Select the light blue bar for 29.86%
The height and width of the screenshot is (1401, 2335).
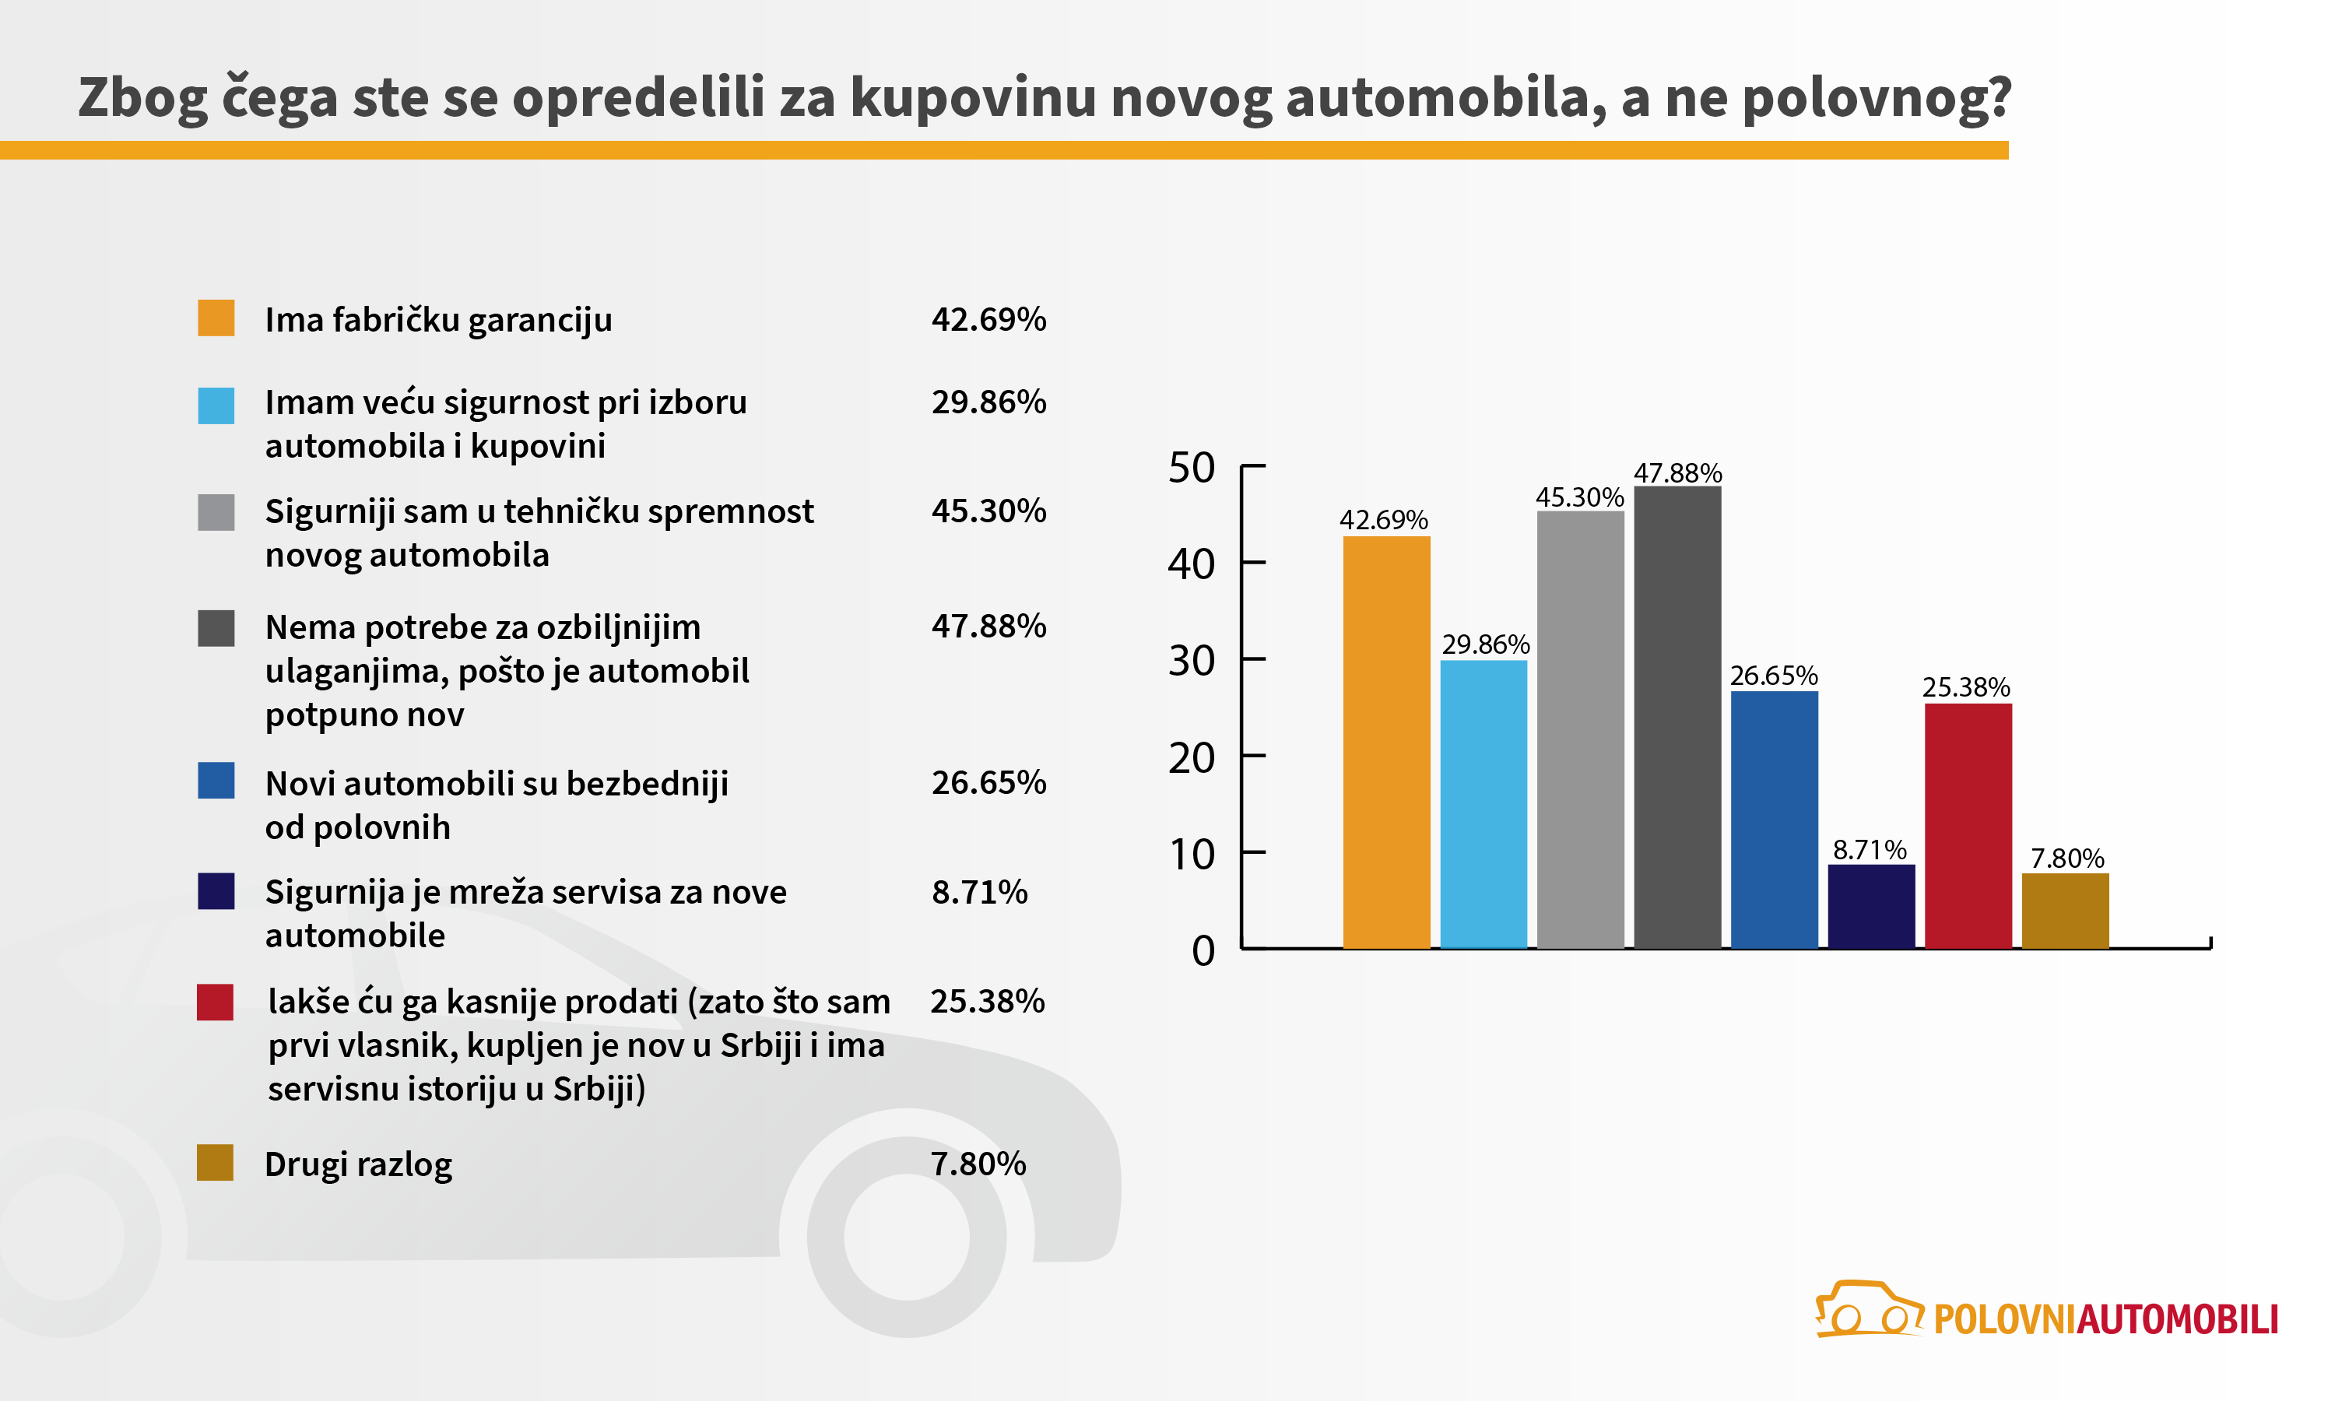(x=1483, y=803)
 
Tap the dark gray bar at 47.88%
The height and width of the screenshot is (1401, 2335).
(x=1677, y=718)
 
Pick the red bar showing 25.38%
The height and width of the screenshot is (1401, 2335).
(x=1968, y=826)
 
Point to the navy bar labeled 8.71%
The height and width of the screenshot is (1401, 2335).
(x=1870, y=906)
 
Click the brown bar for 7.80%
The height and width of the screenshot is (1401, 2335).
(x=2065, y=911)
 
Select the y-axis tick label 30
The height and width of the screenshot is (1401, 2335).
(x=1191, y=661)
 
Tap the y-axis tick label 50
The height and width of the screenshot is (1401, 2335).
(x=1191, y=469)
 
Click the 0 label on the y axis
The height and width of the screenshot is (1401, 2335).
(x=1203, y=950)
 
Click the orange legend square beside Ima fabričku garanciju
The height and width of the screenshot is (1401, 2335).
(x=216, y=318)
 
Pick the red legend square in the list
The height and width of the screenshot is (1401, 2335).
(x=215, y=1002)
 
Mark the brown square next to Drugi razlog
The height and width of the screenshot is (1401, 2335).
(x=215, y=1163)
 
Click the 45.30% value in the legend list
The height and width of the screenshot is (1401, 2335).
(x=988, y=511)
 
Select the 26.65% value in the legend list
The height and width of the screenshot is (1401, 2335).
(x=988, y=783)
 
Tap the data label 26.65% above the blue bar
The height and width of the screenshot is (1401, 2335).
(x=1772, y=676)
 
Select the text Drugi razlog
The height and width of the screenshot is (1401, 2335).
(x=358, y=1164)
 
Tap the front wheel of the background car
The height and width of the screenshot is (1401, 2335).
(x=906, y=1237)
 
